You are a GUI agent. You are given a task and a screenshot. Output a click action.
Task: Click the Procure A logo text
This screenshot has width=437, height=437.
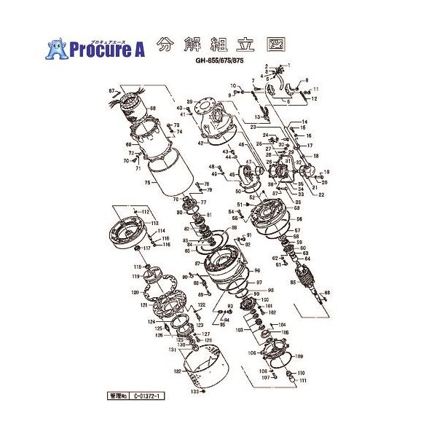108,49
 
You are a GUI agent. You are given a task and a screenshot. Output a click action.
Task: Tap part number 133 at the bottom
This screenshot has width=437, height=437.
194,391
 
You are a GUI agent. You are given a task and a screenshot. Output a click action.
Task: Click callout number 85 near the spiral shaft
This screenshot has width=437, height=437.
293,281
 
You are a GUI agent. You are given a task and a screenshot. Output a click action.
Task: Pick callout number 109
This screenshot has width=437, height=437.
299,356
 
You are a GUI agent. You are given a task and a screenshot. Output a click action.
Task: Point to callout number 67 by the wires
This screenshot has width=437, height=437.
113,90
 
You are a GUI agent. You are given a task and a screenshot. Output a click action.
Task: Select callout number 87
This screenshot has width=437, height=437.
197,262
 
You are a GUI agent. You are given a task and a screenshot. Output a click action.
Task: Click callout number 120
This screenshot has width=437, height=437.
134,292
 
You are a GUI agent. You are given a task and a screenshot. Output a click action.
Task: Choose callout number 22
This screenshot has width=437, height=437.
321,194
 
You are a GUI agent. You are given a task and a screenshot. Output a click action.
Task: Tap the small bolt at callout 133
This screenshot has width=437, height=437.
204,392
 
